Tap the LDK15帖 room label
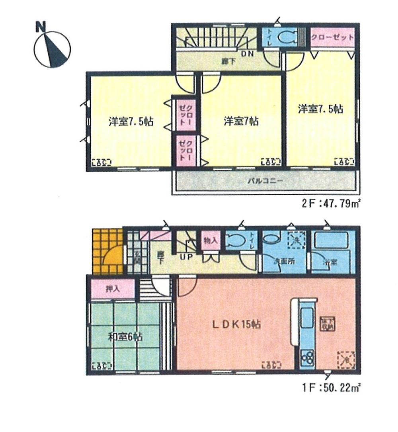(236, 324)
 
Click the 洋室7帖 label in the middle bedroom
(240, 121)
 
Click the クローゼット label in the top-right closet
(332, 38)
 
